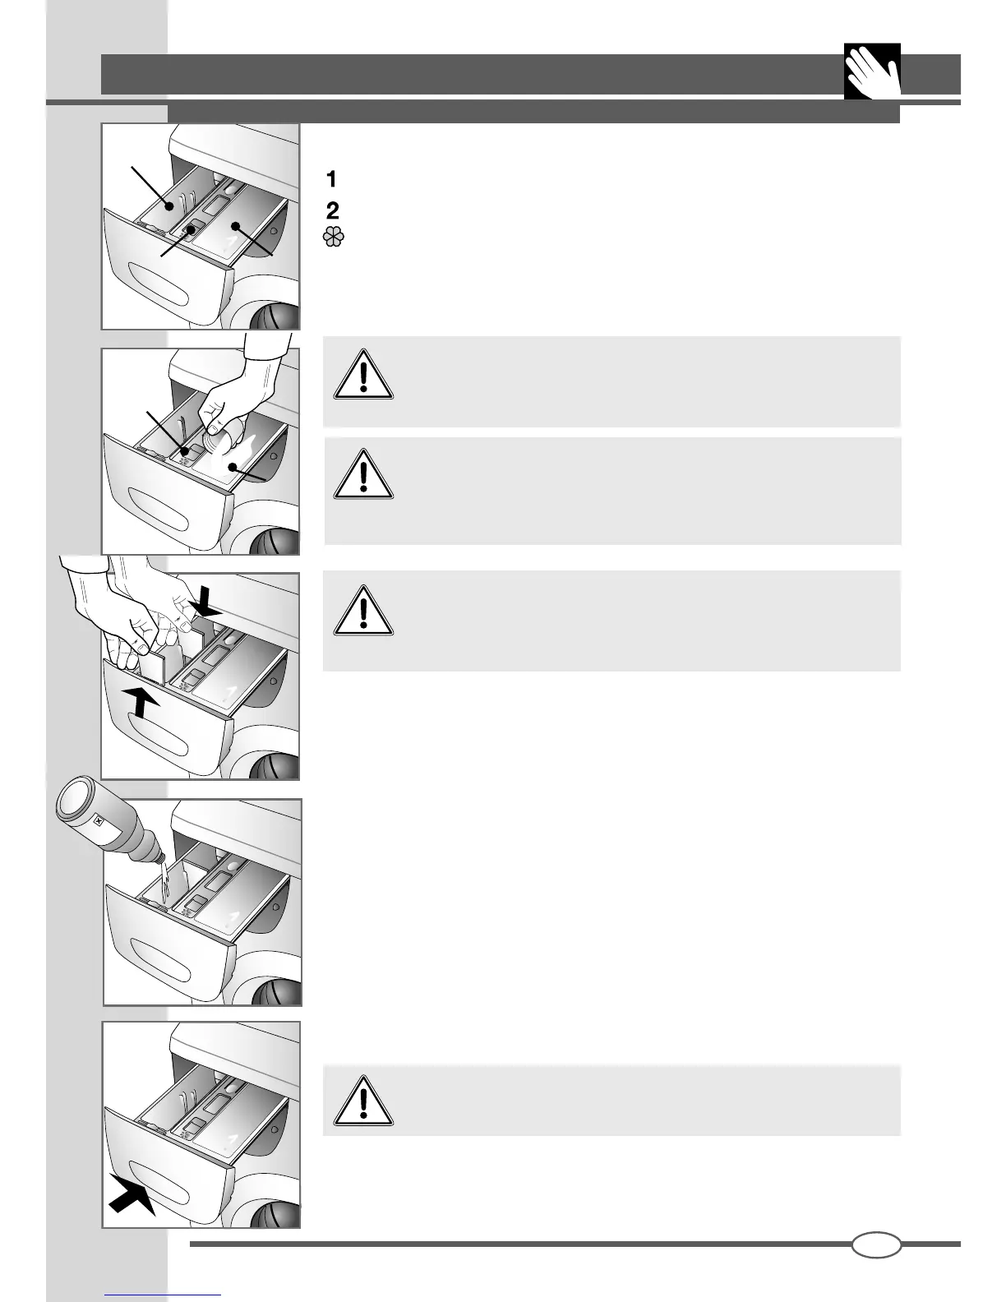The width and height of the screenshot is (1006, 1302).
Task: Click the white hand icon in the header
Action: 872,72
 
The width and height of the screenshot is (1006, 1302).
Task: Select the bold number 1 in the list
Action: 332,178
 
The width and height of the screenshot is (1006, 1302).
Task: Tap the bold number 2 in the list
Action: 333,209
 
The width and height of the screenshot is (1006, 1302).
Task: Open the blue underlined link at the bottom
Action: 164,1294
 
